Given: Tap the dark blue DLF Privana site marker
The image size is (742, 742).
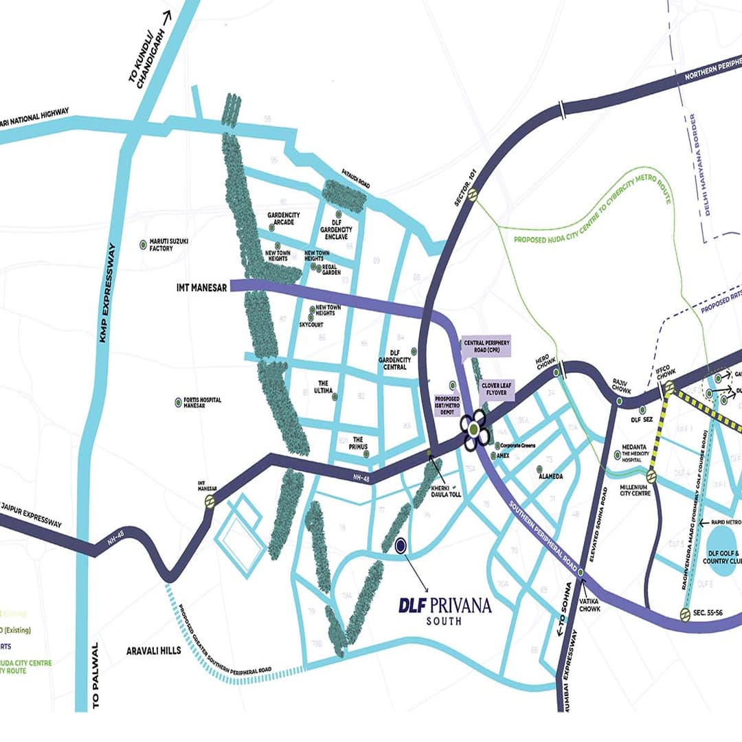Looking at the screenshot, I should click(401, 546).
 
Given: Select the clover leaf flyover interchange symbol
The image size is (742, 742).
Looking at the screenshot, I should click(474, 430).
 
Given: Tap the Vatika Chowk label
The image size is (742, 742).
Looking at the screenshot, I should click(589, 604).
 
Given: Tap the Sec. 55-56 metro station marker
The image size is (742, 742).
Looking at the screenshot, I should click(684, 614).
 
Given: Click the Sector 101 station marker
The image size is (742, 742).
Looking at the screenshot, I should click(472, 195).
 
